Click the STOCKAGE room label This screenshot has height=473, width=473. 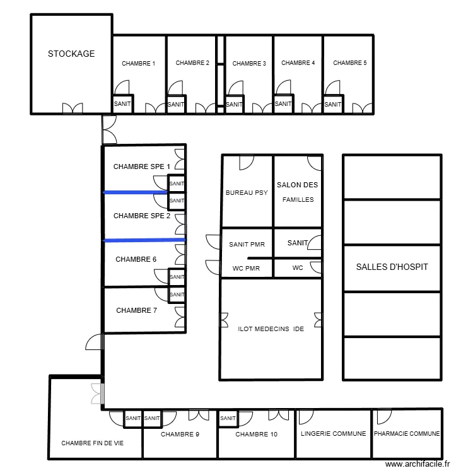71,54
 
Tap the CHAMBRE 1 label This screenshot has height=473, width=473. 138,63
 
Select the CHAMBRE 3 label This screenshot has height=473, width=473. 249,63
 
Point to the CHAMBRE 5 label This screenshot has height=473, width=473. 349,63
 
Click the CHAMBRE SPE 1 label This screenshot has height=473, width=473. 142,166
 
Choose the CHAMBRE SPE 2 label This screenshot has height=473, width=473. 142,216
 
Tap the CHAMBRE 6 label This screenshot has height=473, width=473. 136,259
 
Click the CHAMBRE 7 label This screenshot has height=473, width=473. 136,310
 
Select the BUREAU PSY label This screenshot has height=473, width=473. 247,193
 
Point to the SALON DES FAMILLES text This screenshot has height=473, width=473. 298,192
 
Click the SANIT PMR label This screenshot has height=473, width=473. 247,243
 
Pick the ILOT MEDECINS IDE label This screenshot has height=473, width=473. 271,329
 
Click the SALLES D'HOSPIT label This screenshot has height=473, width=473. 392,267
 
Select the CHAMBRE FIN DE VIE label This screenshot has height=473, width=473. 92,443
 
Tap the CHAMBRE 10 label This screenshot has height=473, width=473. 256,435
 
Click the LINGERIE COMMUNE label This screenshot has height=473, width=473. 333,434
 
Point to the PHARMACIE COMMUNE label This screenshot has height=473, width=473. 407,434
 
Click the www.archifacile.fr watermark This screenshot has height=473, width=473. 417,464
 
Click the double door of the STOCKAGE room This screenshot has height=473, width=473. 72,108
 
